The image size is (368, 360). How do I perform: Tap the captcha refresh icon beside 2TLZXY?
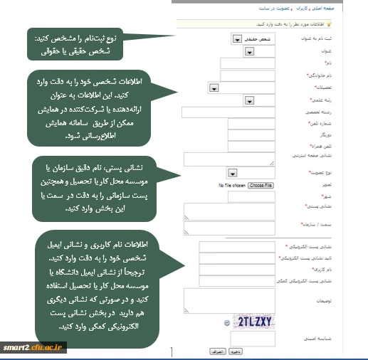tap(226, 322)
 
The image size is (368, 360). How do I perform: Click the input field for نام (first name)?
tap(242, 63)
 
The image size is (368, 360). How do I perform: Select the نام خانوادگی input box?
tap(242, 75)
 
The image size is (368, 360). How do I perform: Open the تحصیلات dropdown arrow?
tap(214, 88)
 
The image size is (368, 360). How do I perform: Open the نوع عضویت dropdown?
tap(232, 173)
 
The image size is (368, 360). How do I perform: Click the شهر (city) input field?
tap(228, 196)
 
